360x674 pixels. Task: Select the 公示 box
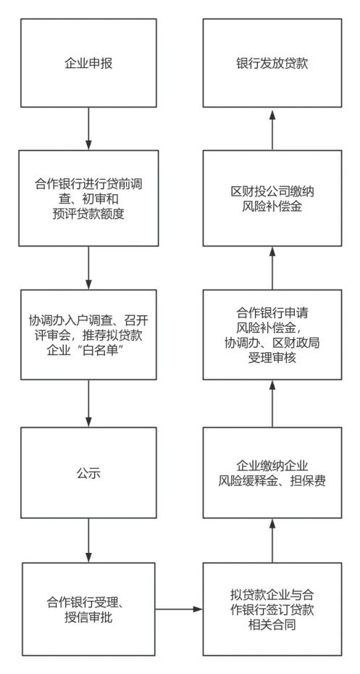88,475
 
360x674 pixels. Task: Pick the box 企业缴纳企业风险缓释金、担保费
272,473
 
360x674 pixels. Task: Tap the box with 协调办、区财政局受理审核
272,335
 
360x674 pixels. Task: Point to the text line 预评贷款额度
88,212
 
